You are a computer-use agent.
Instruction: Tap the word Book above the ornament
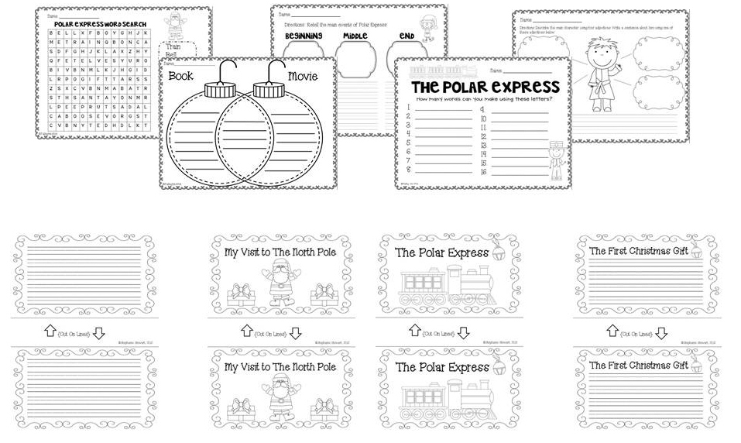tap(180, 76)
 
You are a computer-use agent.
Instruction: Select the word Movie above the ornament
tap(303, 76)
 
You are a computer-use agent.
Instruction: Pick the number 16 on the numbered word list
tap(483, 173)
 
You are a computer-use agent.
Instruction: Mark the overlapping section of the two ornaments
tap(249, 131)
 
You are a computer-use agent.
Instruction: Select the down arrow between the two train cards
tap(463, 333)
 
